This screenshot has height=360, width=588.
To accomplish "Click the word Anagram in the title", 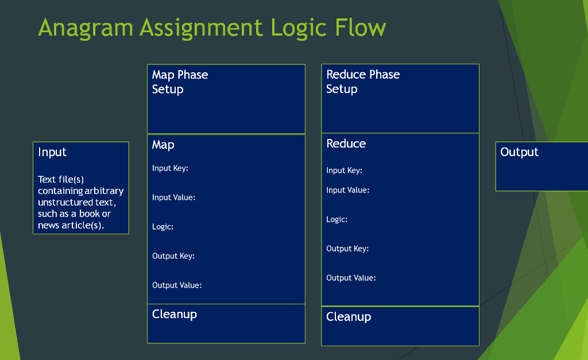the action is pyautogui.click(x=86, y=28).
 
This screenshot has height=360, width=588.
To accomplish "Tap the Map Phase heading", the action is pyautogui.click(x=180, y=75).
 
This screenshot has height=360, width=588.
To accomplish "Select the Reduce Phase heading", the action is pyautogui.click(x=363, y=74).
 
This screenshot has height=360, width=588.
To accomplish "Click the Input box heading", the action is pyautogui.click(x=52, y=152).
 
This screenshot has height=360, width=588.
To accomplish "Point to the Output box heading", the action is pyautogui.click(x=519, y=152).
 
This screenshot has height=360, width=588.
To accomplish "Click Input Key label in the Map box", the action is pyautogui.click(x=170, y=168).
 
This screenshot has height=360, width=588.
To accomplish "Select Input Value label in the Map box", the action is pyautogui.click(x=173, y=198).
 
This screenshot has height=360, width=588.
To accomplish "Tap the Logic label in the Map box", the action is pyautogui.click(x=163, y=227).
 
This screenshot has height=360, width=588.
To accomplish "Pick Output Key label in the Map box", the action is pyautogui.click(x=173, y=256).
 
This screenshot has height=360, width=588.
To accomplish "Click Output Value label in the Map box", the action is pyautogui.click(x=177, y=285).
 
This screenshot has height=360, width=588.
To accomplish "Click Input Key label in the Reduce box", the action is pyautogui.click(x=345, y=171).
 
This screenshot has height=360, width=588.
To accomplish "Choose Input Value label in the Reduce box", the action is pyautogui.click(x=347, y=190).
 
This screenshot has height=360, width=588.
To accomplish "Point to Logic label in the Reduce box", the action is pyautogui.click(x=336, y=220).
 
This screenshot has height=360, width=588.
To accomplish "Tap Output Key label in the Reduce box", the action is pyautogui.click(x=347, y=249).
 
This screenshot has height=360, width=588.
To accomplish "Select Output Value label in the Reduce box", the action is pyautogui.click(x=351, y=278).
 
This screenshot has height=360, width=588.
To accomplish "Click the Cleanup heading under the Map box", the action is pyautogui.click(x=175, y=314).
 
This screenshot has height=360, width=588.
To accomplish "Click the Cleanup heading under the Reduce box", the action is pyautogui.click(x=349, y=317).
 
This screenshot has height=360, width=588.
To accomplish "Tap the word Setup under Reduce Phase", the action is pyautogui.click(x=342, y=89).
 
